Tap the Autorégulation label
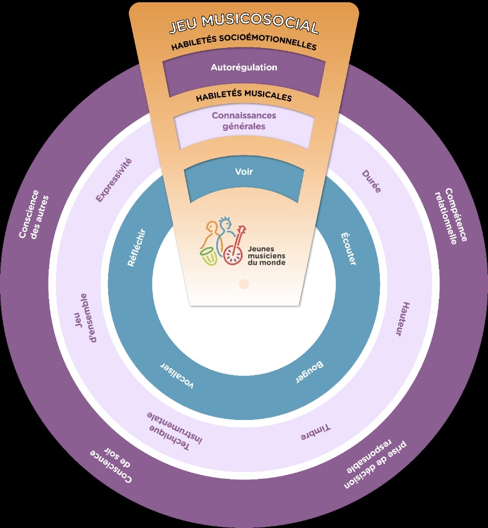(x=244, y=67)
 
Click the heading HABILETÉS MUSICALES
(x=244, y=97)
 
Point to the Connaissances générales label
(x=244, y=121)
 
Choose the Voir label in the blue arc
(x=244, y=171)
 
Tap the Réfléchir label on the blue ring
(x=137, y=248)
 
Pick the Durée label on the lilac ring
(x=371, y=181)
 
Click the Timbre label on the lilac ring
(x=318, y=433)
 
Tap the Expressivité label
(x=114, y=180)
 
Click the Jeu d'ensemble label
(x=85, y=318)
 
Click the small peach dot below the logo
(x=244, y=283)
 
